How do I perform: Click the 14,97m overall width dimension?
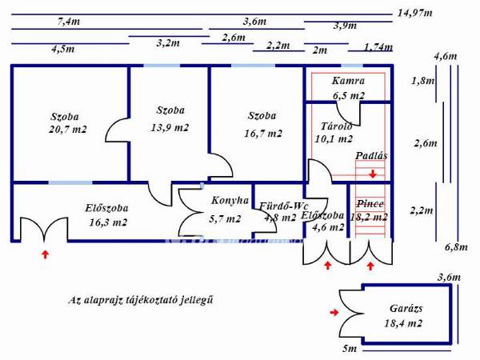414,14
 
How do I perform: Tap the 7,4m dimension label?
68,22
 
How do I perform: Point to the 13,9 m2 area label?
171,127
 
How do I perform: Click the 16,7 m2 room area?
262,134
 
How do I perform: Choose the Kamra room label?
349,81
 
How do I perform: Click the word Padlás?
372,157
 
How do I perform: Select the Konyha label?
230,201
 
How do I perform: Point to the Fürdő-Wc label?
281,206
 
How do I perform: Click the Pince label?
370,204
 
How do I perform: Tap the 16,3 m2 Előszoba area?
109,223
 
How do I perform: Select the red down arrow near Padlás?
373,172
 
